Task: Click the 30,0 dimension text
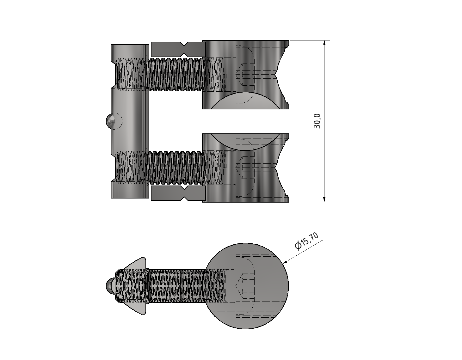317,121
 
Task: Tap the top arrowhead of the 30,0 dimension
324,43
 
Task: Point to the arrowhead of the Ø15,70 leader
284,262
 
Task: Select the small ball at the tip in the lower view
110,286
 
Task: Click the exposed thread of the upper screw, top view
176,75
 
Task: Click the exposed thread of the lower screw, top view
176,168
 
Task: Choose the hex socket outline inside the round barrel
245,286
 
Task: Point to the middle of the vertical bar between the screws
130,121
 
